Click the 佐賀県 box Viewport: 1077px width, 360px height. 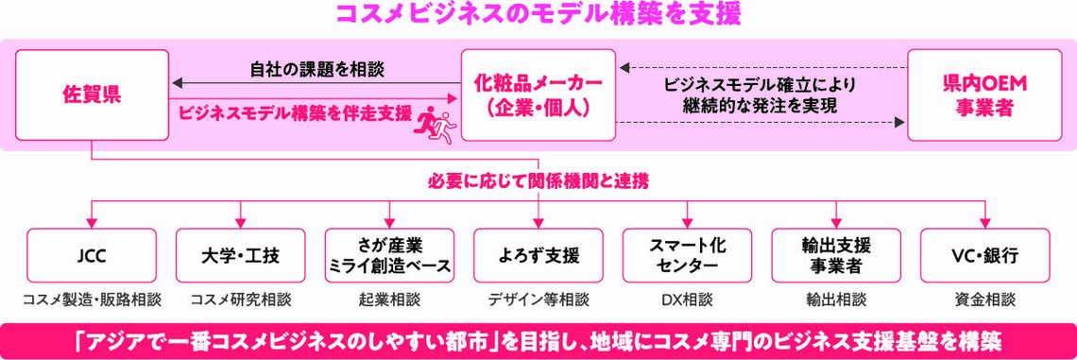pyautogui.click(x=92, y=95)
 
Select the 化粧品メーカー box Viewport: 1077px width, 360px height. pyautogui.click(x=538, y=95)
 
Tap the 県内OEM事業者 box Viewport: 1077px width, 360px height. pyautogui.click(x=985, y=95)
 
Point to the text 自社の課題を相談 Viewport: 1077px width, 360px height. pyautogui.click(x=316, y=69)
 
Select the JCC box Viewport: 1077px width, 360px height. pyautogui.click(x=92, y=255)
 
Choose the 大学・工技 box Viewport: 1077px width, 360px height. pyautogui.click(x=241, y=255)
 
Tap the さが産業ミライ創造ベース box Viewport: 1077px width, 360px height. pyautogui.click(x=389, y=255)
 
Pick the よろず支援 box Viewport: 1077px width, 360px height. pyautogui.click(x=538, y=255)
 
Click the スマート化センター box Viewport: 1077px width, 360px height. pyautogui.click(x=687, y=255)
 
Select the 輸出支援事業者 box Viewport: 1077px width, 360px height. pyautogui.click(x=836, y=255)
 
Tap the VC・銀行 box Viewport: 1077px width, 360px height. pyautogui.click(x=985, y=255)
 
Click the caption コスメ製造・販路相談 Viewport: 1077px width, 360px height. pyautogui.click(x=92, y=300)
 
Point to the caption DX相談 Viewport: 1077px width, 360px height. pyautogui.click(x=687, y=300)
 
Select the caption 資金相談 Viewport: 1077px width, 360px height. pyautogui.click(x=985, y=300)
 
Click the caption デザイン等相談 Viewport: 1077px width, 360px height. pyautogui.click(x=538, y=300)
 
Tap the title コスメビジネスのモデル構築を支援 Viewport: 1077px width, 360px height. pyautogui.click(x=538, y=15)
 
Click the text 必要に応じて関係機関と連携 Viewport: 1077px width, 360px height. pyautogui.click(x=538, y=180)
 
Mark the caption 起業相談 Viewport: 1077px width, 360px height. pyautogui.click(x=389, y=300)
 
